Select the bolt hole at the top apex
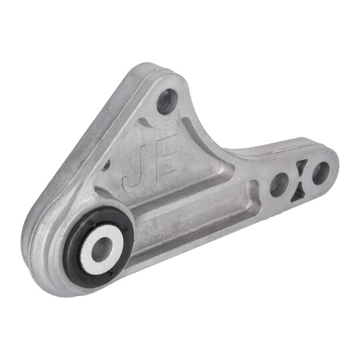[x=167, y=101]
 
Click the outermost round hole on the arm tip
[x=321, y=173]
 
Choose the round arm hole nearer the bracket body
[x=279, y=185]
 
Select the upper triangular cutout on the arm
[x=301, y=166]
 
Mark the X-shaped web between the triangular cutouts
[x=301, y=179]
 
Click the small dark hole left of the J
[x=107, y=163]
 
